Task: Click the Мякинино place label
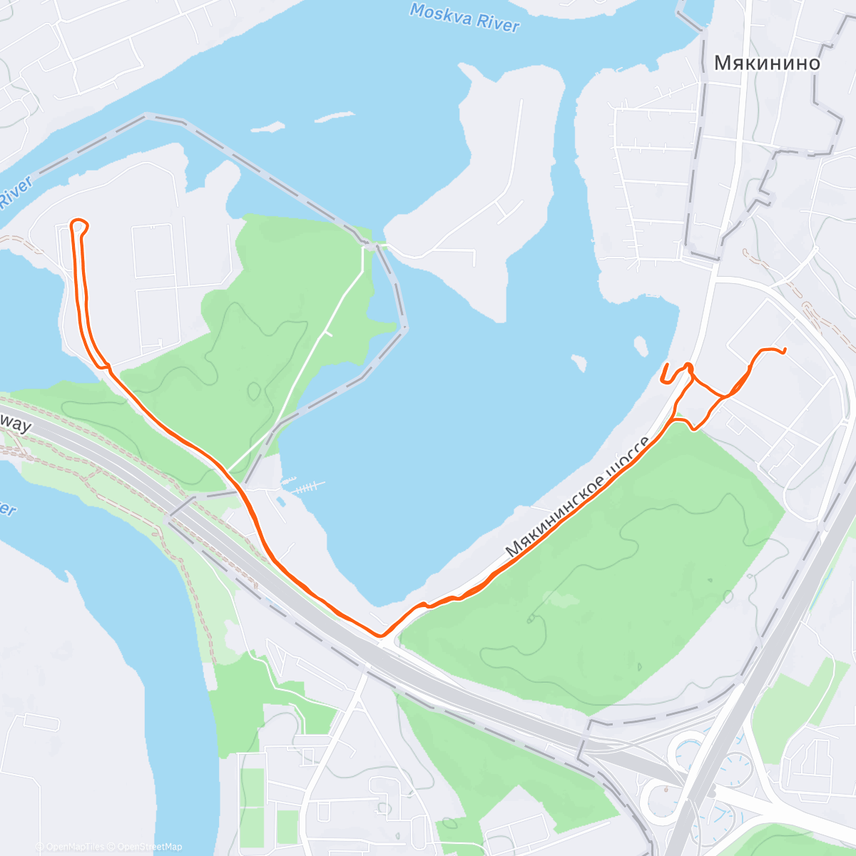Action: coord(767,63)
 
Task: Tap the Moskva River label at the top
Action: coord(464,16)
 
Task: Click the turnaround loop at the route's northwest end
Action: coord(80,225)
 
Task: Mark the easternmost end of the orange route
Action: coord(785,350)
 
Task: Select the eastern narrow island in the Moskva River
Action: coord(335,116)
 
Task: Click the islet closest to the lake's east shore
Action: coord(641,346)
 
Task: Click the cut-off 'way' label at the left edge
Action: coord(16,426)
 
